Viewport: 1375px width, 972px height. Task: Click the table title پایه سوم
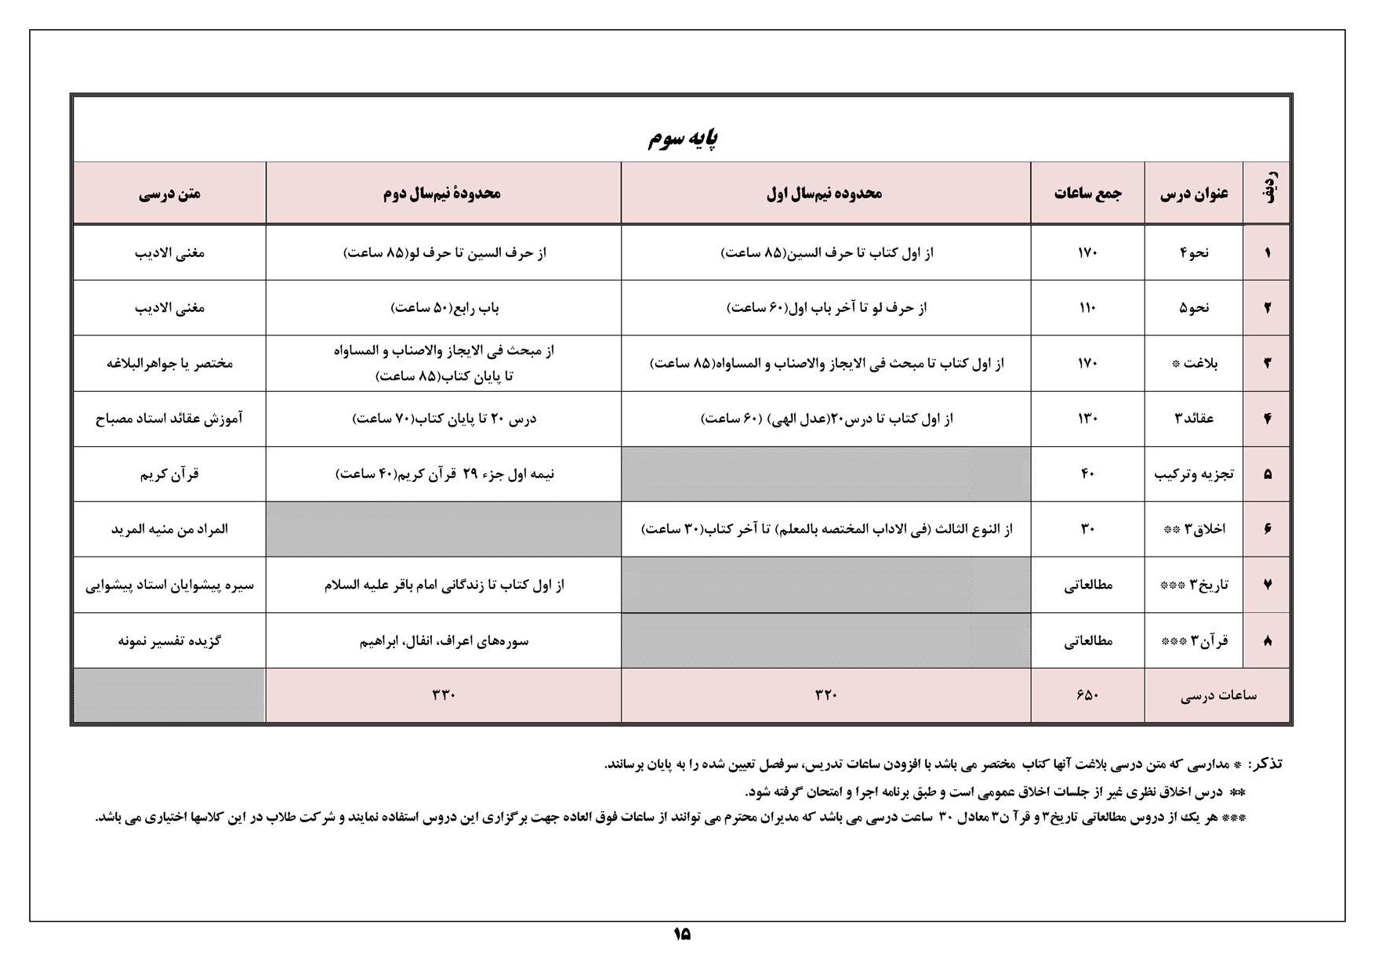[x=682, y=139]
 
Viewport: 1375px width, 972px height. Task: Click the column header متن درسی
[x=169, y=193]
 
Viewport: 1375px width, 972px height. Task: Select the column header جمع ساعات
[x=1087, y=193]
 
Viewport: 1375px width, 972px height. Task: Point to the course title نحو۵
[x=1193, y=308]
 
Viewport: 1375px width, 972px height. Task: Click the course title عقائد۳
[x=1193, y=419]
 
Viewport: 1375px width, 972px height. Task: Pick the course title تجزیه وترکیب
[x=1193, y=474]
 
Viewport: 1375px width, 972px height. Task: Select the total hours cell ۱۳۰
[x=1087, y=419]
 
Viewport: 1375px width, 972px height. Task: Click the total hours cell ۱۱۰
[x=1087, y=308]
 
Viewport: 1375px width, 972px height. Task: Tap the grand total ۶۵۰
[x=1087, y=695]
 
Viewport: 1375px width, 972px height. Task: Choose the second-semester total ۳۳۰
[x=443, y=695]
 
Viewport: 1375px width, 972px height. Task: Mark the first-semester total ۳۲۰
[x=826, y=695]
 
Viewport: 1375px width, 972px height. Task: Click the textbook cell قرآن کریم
[x=169, y=474]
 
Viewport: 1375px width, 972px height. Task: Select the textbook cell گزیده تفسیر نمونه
[x=169, y=640]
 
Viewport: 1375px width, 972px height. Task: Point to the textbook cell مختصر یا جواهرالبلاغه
[x=169, y=363]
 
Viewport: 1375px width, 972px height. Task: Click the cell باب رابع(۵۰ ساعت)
[x=444, y=308]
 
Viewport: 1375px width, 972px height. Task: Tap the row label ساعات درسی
[x=1218, y=695]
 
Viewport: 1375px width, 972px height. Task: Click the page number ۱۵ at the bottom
[x=681, y=934]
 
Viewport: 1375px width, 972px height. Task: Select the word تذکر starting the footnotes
[x=1265, y=764]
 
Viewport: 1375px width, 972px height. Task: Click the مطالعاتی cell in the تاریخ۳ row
[x=1088, y=585]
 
